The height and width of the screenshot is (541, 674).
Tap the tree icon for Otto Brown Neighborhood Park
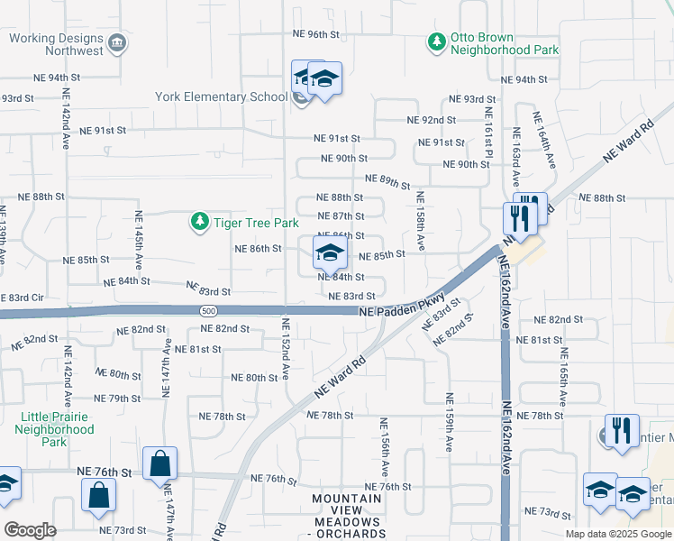(437, 42)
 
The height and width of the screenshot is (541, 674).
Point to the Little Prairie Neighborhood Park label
(58, 430)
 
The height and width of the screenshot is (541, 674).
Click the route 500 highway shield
(207, 310)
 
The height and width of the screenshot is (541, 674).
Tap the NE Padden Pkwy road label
(402, 308)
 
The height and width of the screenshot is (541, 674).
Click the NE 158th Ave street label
(419, 221)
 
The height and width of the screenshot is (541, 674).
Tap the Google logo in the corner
(30, 530)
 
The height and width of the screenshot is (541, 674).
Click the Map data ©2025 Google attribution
(617, 534)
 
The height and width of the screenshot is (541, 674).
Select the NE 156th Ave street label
(384, 446)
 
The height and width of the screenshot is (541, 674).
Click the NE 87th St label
(342, 216)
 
